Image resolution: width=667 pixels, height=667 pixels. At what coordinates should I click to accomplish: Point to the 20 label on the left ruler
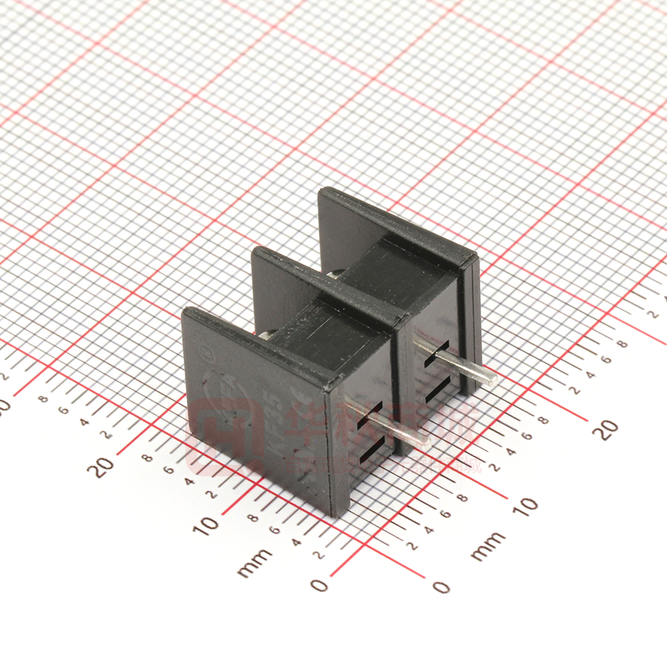[x=104, y=466]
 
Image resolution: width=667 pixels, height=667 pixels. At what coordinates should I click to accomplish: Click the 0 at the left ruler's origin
[x=319, y=585]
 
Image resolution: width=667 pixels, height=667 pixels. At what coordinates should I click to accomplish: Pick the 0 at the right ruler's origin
[x=441, y=587]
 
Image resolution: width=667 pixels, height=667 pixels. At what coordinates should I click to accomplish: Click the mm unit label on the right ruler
[x=488, y=545]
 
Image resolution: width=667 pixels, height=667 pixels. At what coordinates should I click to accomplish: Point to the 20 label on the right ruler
[x=606, y=429]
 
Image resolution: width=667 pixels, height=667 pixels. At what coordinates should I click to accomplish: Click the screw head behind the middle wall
[x=337, y=273]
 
